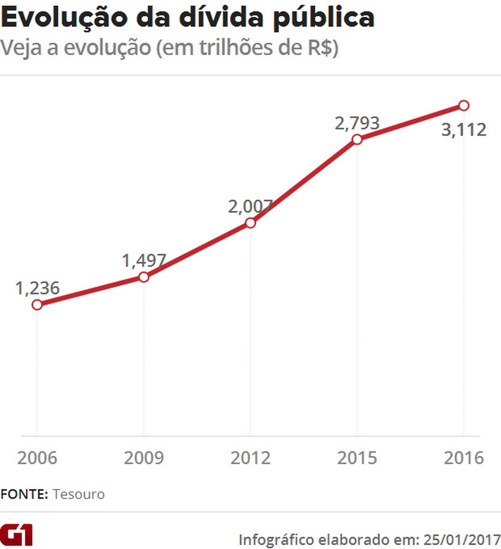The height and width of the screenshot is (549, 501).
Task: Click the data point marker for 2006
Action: [37, 305]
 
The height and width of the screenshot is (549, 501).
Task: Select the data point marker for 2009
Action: [144, 277]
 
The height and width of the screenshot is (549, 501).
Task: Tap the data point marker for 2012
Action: [250, 223]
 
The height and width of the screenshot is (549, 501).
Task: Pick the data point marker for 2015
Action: [357, 139]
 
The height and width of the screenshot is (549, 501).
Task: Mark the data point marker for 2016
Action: [463, 105]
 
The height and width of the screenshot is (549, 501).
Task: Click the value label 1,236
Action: [38, 288]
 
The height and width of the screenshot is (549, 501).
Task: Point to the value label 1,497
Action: [144, 260]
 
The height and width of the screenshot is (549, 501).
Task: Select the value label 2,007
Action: [250, 206]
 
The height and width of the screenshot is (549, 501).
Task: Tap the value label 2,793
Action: [357, 123]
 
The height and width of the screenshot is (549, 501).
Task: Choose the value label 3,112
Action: [463, 130]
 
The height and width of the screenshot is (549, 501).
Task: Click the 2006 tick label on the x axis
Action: [37, 458]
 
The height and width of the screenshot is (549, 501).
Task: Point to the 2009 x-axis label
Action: [144, 458]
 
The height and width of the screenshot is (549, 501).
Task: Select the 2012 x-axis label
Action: [250, 458]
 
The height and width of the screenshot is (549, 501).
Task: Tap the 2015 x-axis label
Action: [357, 458]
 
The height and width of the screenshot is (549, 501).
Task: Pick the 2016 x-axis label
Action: [463, 458]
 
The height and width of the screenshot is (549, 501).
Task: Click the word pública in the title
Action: [324, 18]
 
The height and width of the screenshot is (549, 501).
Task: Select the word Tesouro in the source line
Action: [78, 494]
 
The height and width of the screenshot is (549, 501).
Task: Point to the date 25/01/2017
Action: [462, 539]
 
